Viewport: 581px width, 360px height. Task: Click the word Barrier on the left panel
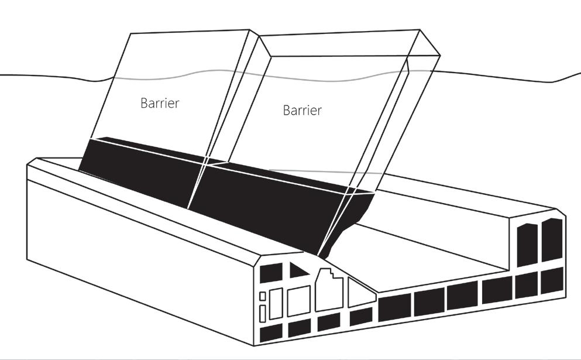point(160,104)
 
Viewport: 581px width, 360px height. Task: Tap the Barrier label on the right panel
point(302,110)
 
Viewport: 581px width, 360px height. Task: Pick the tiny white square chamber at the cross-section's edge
point(263,296)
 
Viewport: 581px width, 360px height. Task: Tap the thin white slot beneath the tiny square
point(263,313)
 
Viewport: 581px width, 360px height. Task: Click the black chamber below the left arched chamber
point(527,286)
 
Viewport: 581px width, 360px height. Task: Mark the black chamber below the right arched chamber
point(552,280)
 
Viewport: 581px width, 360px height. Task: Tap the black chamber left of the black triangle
point(270,273)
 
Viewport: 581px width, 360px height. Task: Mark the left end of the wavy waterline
point(2,74)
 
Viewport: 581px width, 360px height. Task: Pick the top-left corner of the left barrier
point(129,34)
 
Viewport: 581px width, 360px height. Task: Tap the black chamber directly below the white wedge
point(360,317)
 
